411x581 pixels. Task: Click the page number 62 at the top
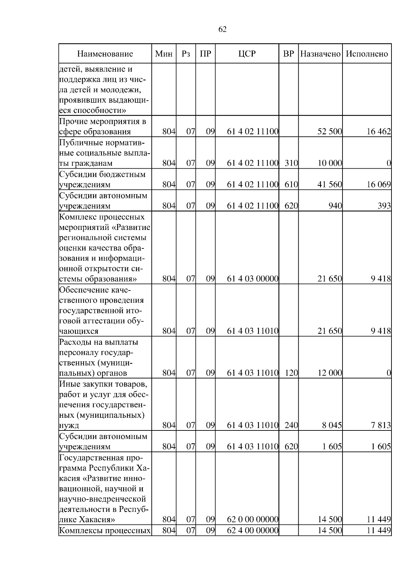coord(222,29)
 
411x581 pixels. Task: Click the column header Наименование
coord(105,54)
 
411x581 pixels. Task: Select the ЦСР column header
coord(247,54)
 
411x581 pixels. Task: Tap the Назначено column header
coord(320,54)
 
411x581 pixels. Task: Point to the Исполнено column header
coord(367,54)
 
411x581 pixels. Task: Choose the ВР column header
coord(289,54)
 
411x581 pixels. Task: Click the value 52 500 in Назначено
coord(329,132)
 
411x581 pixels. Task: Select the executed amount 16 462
coord(378,132)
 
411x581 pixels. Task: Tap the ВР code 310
coord(291,163)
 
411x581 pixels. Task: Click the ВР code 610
coord(291,184)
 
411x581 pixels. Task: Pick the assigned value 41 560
coord(329,184)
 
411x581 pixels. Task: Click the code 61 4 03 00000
coord(252,279)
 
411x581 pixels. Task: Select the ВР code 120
coord(291,373)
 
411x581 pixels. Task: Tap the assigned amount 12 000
coord(329,373)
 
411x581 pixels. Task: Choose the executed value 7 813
coord(381,425)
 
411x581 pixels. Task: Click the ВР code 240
coord(291,425)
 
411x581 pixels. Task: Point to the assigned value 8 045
coord(332,425)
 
